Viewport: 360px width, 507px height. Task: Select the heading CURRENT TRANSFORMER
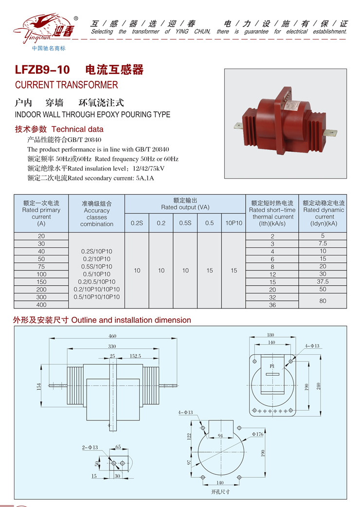click(x=66, y=85)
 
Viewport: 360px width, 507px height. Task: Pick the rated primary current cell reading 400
click(x=41, y=305)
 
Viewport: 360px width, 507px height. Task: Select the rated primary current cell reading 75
click(x=41, y=267)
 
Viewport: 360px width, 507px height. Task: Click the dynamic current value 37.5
click(x=323, y=282)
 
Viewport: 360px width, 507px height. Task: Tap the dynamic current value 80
click(x=323, y=301)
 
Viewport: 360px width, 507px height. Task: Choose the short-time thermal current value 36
click(x=272, y=305)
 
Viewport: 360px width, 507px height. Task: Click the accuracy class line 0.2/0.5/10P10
click(x=97, y=282)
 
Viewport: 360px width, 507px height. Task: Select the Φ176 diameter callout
click(x=257, y=434)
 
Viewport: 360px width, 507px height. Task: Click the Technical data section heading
click(x=77, y=129)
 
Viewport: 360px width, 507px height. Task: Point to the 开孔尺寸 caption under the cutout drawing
click(x=220, y=492)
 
